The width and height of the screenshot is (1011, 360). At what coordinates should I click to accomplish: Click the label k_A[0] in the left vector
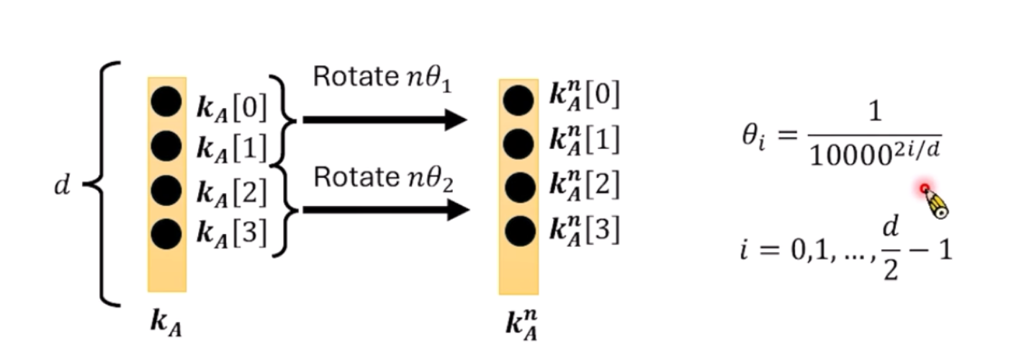(231, 108)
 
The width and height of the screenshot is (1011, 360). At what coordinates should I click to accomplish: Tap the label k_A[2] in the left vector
(231, 192)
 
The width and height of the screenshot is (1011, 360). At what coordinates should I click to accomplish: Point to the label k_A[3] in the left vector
(231, 233)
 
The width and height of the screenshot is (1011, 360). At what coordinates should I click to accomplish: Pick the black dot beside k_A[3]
(166, 233)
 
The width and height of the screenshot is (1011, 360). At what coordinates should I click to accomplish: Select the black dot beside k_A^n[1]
(518, 145)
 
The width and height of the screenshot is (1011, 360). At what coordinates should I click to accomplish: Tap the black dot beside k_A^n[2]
(518, 187)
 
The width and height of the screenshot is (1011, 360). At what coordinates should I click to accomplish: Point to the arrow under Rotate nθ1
(385, 120)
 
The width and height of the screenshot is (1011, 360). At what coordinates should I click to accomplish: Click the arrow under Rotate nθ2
(385, 210)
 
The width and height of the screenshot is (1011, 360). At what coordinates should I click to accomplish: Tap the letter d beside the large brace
(63, 185)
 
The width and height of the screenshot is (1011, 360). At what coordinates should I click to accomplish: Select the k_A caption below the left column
(166, 322)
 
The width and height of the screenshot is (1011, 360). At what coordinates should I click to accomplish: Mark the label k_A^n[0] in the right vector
(583, 96)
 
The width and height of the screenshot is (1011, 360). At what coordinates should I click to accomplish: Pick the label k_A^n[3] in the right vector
(583, 230)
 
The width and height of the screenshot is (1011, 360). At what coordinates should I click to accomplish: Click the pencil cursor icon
(934, 202)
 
